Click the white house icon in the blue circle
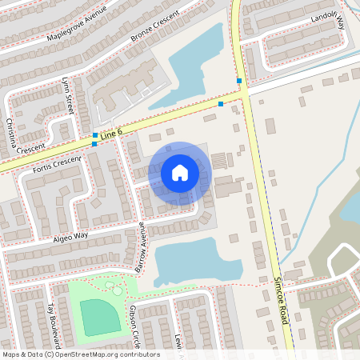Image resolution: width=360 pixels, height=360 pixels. click(x=179, y=172)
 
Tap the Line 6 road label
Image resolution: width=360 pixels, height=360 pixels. click(x=113, y=132)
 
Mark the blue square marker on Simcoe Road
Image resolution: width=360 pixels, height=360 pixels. click(x=239, y=81)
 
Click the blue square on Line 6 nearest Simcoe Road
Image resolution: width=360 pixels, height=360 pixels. click(x=221, y=104)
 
